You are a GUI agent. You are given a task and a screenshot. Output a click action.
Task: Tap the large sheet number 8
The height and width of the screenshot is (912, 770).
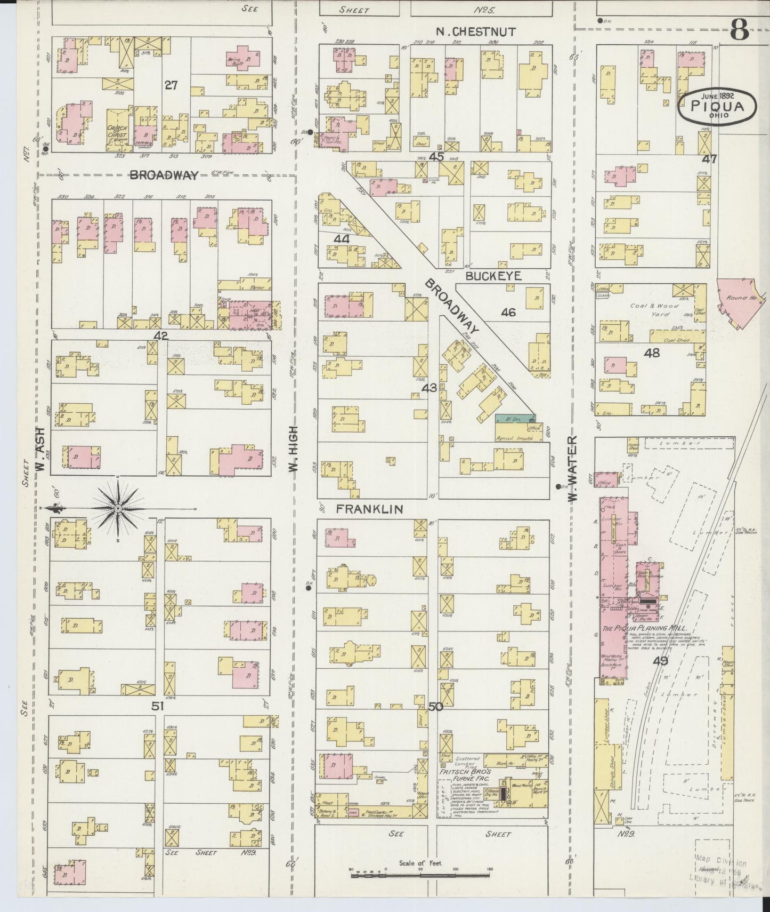[740, 29]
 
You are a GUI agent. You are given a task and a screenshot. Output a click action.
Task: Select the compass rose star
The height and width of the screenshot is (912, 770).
[118, 508]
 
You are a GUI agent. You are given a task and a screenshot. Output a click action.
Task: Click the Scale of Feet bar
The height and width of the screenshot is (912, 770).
[421, 875]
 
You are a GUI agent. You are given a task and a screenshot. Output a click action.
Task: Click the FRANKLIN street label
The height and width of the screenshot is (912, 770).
[369, 509]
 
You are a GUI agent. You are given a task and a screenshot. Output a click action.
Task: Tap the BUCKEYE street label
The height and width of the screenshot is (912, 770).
[492, 276]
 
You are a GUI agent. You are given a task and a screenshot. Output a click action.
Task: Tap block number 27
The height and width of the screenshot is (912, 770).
[171, 84]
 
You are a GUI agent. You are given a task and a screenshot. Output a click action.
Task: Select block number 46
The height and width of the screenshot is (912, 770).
[508, 313]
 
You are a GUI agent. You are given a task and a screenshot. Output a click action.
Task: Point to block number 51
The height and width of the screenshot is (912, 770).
[157, 706]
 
